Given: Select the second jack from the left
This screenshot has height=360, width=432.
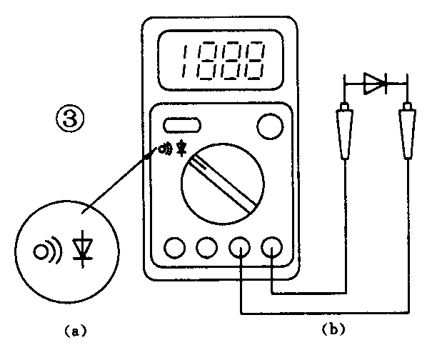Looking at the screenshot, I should click(x=208, y=247).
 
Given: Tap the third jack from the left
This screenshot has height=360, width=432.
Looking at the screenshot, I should click(x=240, y=247).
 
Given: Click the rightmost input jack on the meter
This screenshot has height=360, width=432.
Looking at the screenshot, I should click(x=273, y=247).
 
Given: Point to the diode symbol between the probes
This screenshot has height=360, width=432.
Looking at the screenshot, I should click(x=376, y=84).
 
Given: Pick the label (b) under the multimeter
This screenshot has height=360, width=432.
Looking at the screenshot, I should click(x=333, y=330).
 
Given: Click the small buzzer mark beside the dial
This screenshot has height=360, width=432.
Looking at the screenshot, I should click(x=165, y=149).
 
